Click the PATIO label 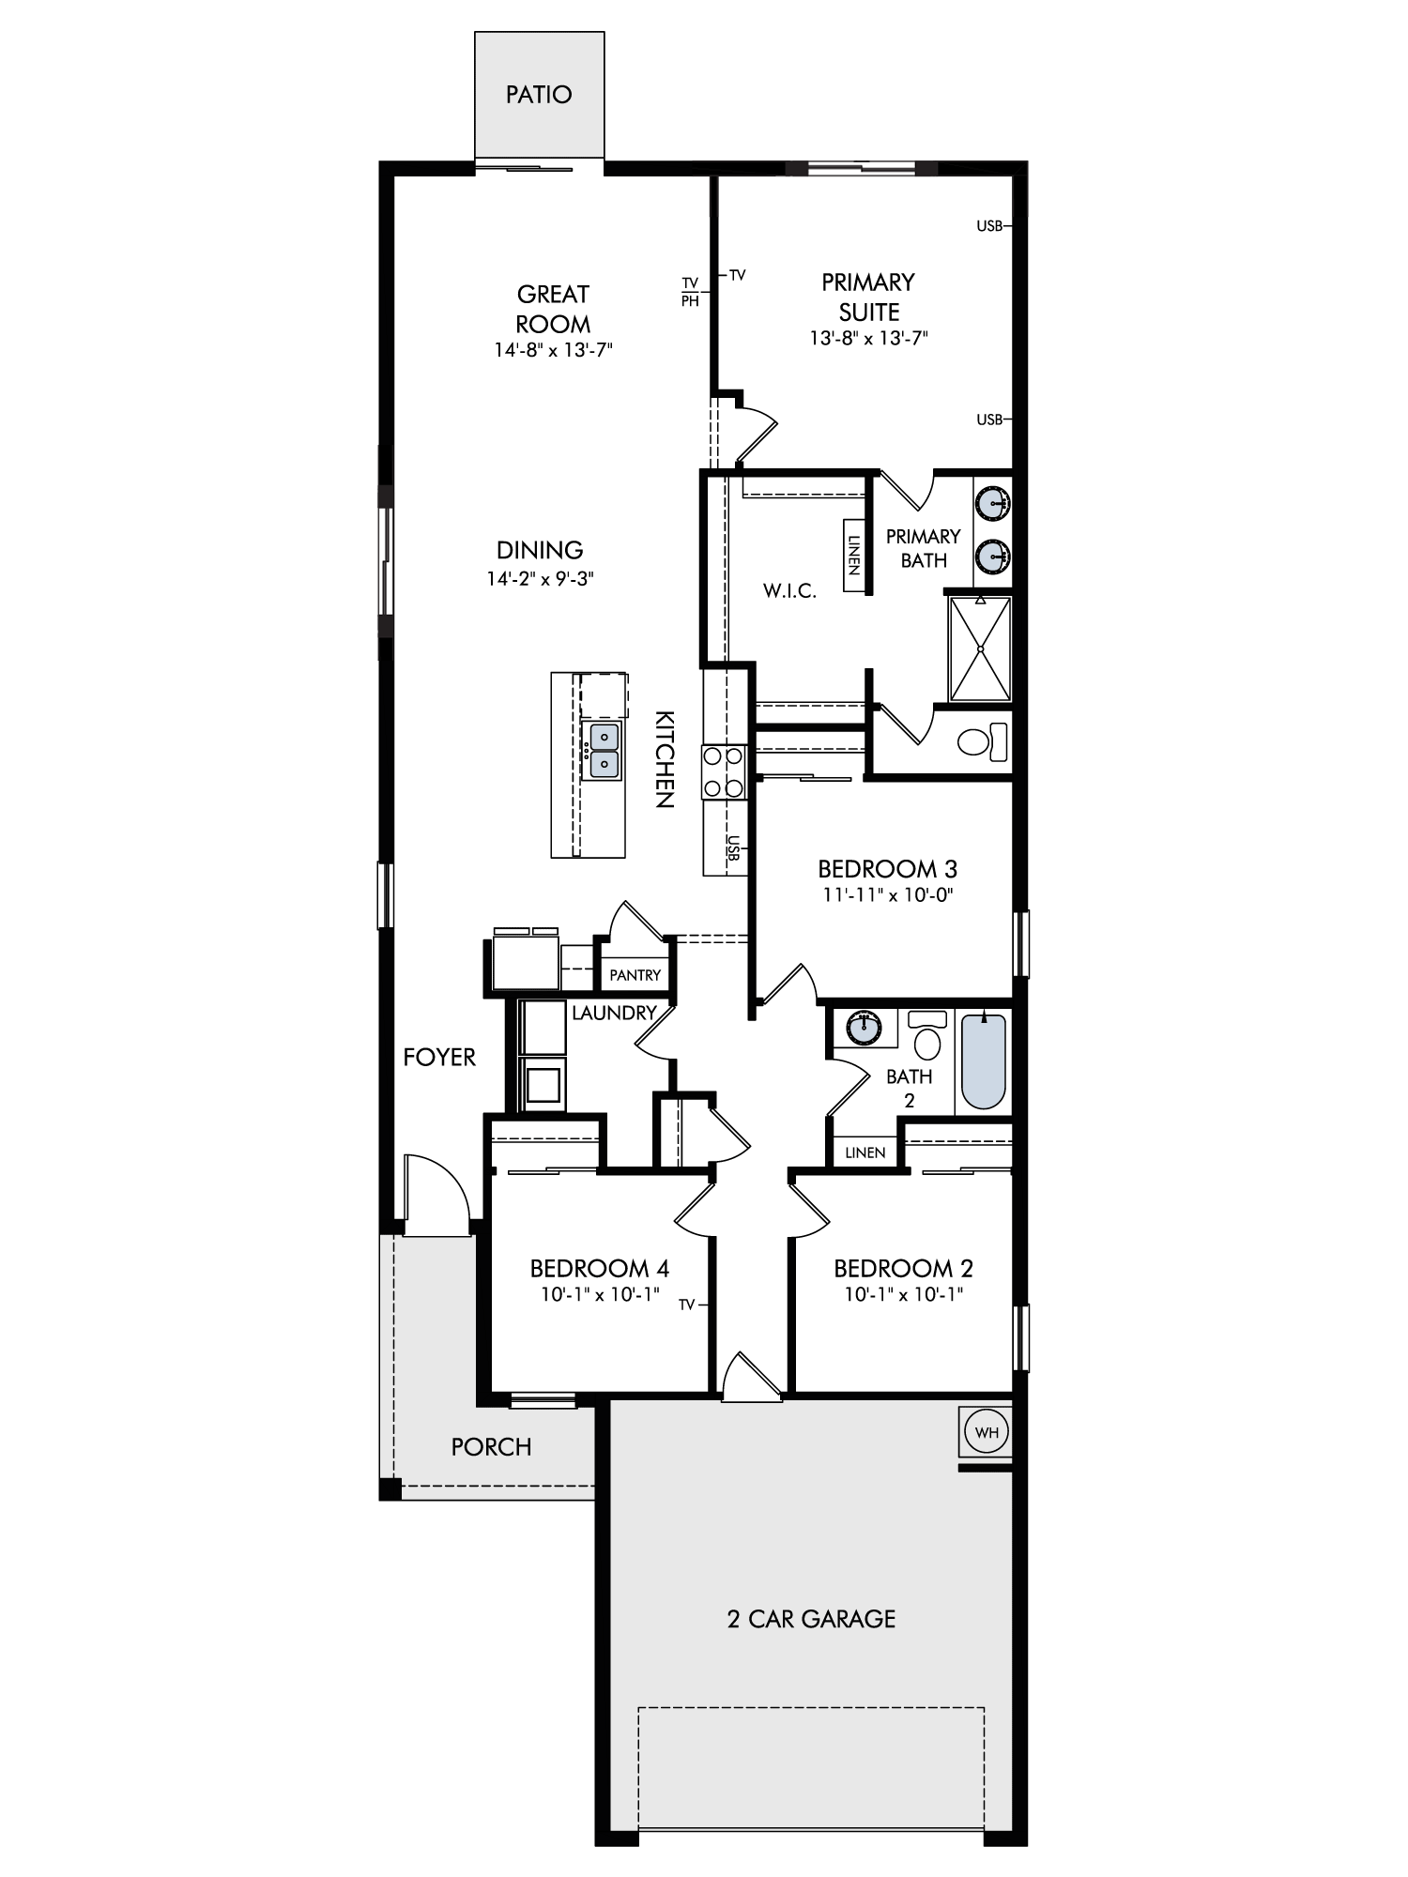(539, 95)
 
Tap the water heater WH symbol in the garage (987, 1433)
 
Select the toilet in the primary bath (982, 741)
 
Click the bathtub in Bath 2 (983, 1061)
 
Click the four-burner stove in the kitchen (724, 771)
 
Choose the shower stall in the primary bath (980, 649)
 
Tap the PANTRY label (635, 975)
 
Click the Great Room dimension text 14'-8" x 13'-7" (554, 350)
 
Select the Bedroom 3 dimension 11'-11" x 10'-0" (888, 895)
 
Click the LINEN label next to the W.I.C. (854, 556)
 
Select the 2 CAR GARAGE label (812, 1619)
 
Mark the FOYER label (439, 1058)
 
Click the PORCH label (491, 1447)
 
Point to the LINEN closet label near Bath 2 (865, 1152)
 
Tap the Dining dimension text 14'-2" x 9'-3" (541, 579)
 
